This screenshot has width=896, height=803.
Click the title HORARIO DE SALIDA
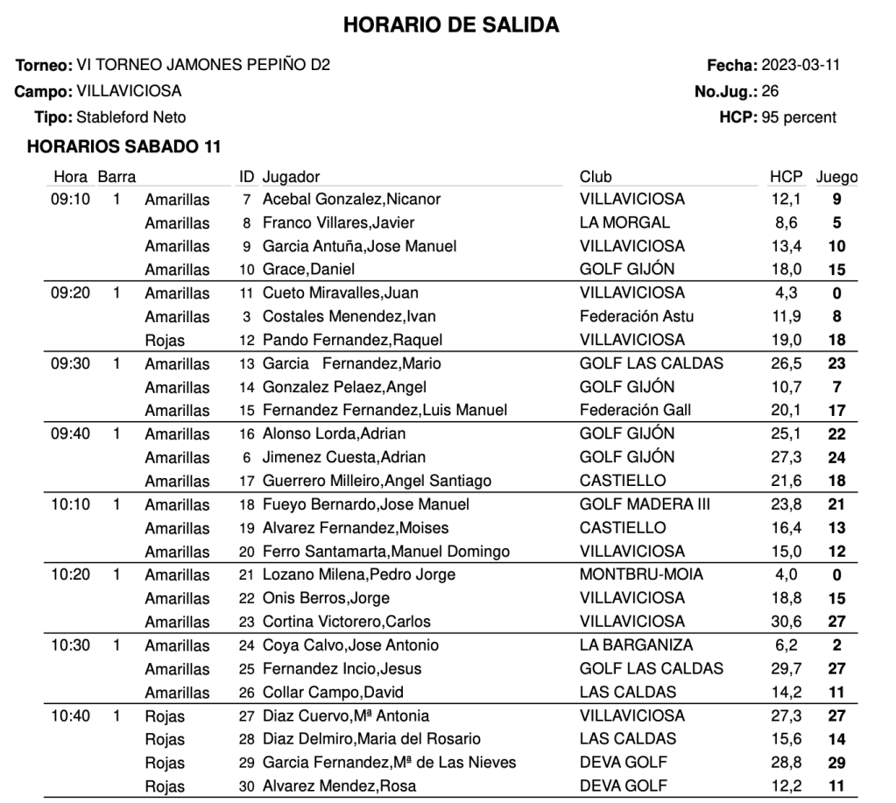[x=451, y=25]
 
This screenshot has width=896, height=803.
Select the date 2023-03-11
[x=801, y=66]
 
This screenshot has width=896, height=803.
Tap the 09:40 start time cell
[x=71, y=433]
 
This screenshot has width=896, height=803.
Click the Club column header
[x=596, y=177]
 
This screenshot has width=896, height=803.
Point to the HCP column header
[x=786, y=177]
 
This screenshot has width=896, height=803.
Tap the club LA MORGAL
[x=624, y=222]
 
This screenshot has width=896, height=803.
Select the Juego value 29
[x=836, y=763]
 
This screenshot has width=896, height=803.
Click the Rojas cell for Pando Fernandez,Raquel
[x=165, y=340]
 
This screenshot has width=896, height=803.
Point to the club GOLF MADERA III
[x=645, y=504]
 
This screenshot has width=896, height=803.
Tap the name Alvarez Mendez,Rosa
[x=339, y=786]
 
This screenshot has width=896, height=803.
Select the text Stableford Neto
[x=131, y=116]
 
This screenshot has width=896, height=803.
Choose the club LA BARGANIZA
[x=636, y=645]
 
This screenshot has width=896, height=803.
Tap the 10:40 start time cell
[x=71, y=716]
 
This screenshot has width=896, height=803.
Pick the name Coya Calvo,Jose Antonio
[x=350, y=645]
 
